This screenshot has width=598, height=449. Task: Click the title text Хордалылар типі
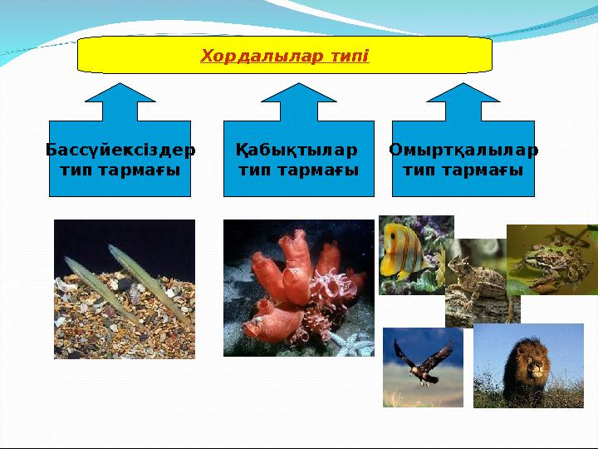(x=285, y=57)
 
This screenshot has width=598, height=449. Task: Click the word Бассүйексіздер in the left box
(x=120, y=150)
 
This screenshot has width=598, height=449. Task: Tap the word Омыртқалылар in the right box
(x=463, y=150)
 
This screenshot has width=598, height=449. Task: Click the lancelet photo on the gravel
(x=125, y=289)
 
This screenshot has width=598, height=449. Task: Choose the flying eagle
(x=421, y=364)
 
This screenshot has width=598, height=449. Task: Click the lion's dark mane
(x=511, y=358)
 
